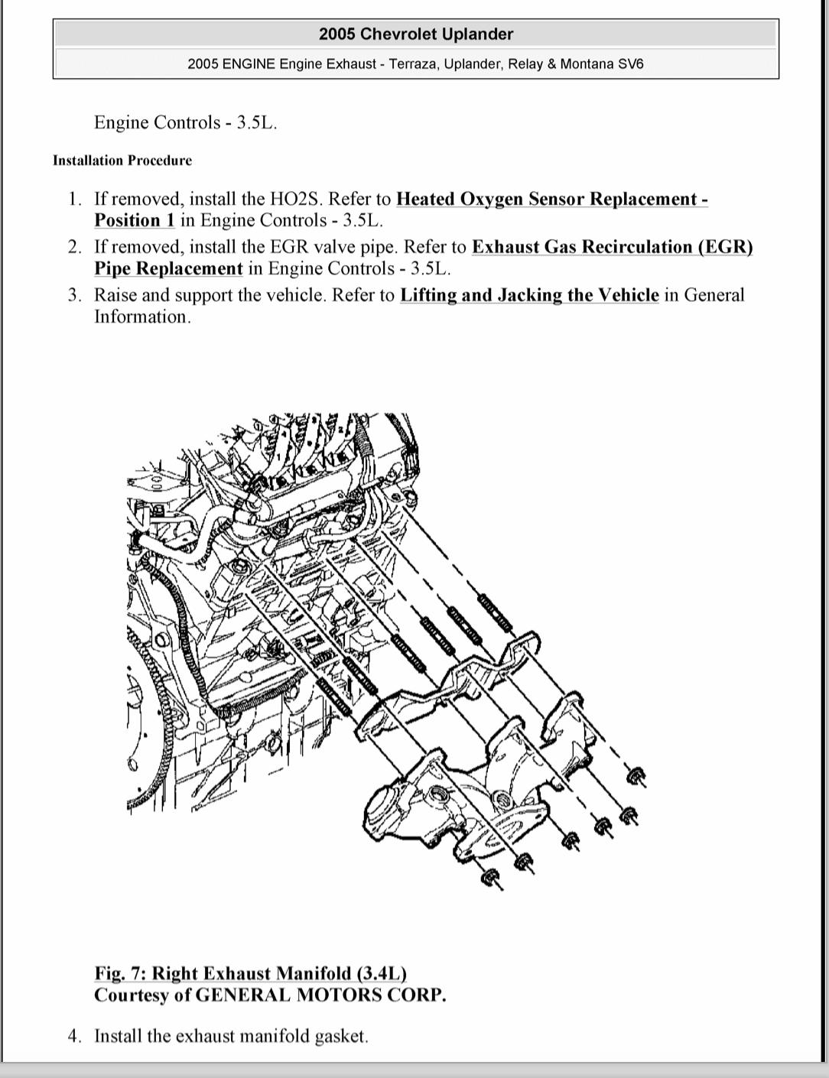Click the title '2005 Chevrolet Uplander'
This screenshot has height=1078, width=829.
click(415, 34)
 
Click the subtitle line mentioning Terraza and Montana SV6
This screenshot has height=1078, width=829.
click(415, 64)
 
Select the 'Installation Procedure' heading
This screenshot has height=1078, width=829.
click(122, 161)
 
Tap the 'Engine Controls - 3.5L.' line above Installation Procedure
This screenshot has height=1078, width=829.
click(185, 123)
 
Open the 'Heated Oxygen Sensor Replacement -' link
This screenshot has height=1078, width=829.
click(551, 200)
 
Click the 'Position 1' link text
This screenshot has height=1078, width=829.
click(135, 221)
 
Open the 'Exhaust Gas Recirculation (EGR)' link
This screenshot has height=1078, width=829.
click(612, 248)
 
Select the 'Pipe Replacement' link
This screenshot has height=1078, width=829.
click(168, 269)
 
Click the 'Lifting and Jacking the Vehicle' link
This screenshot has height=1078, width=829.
click(528, 296)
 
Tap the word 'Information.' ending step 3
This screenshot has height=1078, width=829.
click(142, 317)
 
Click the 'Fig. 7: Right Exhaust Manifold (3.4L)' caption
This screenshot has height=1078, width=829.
click(250, 973)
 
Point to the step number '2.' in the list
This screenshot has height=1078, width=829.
click(74, 248)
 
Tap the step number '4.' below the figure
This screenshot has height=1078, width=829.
click(74, 1037)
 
